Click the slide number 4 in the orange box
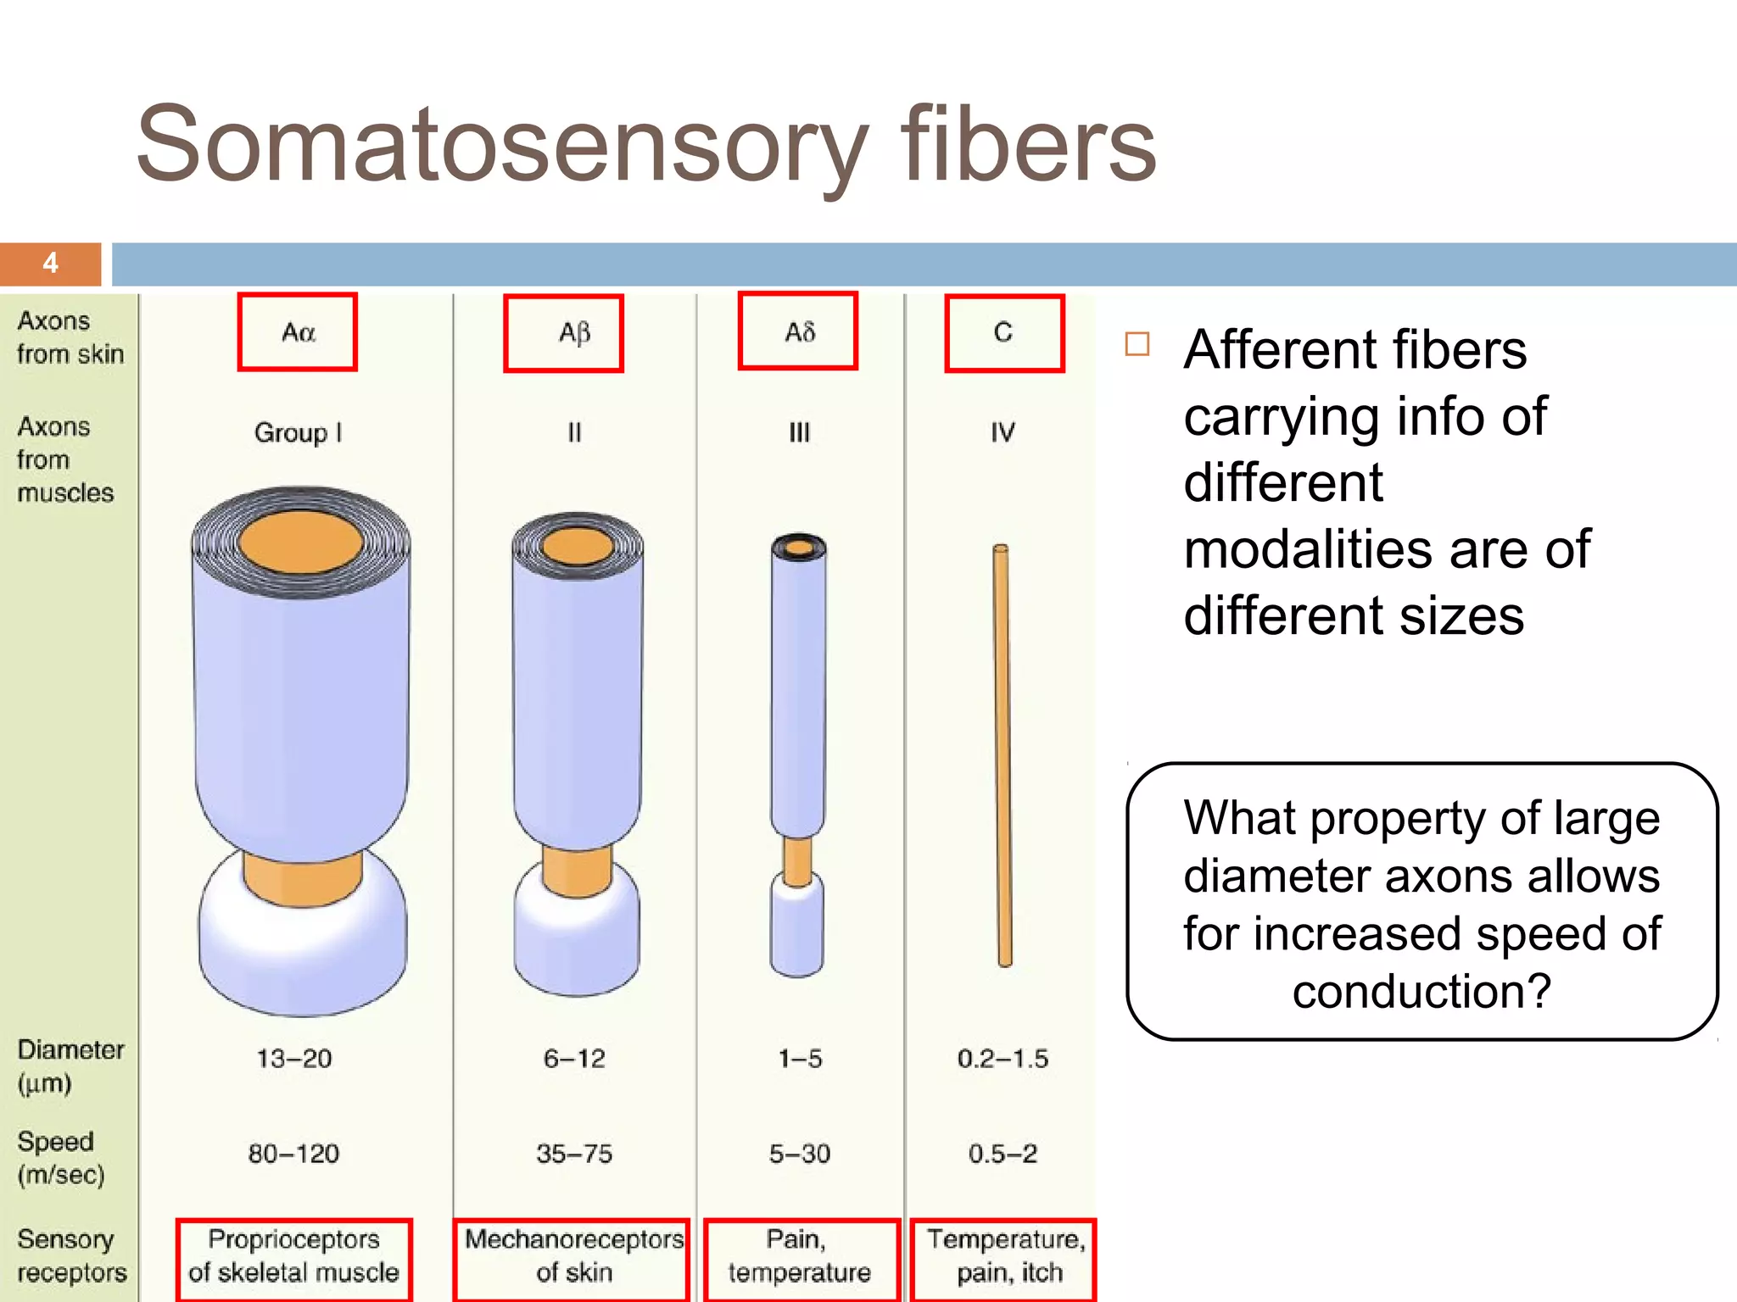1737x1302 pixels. tap(51, 263)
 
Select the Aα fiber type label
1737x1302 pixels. tap(298, 332)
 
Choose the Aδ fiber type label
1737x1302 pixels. tap(798, 331)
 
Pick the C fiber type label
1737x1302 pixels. tap(1004, 333)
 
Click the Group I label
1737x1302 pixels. tap(298, 433)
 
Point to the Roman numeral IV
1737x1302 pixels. tap(1003, 433)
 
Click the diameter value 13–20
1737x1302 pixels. tap(294, 1059)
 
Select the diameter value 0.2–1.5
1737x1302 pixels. tap(1003, 1059)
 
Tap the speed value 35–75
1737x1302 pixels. tap(574, 1154)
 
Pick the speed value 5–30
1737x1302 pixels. tap(800, 1154)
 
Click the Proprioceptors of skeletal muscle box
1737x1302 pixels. tap(294, 1257)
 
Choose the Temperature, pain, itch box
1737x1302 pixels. tap(1004, 1257)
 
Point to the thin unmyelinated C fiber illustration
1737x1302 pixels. tap(1003, 754)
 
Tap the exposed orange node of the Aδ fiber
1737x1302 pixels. tap(798, 860)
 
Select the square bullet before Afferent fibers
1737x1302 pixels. tap(1137, 344)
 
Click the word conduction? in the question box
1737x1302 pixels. tap(1421, 991)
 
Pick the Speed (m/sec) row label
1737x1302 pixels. tap(60, 1158)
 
